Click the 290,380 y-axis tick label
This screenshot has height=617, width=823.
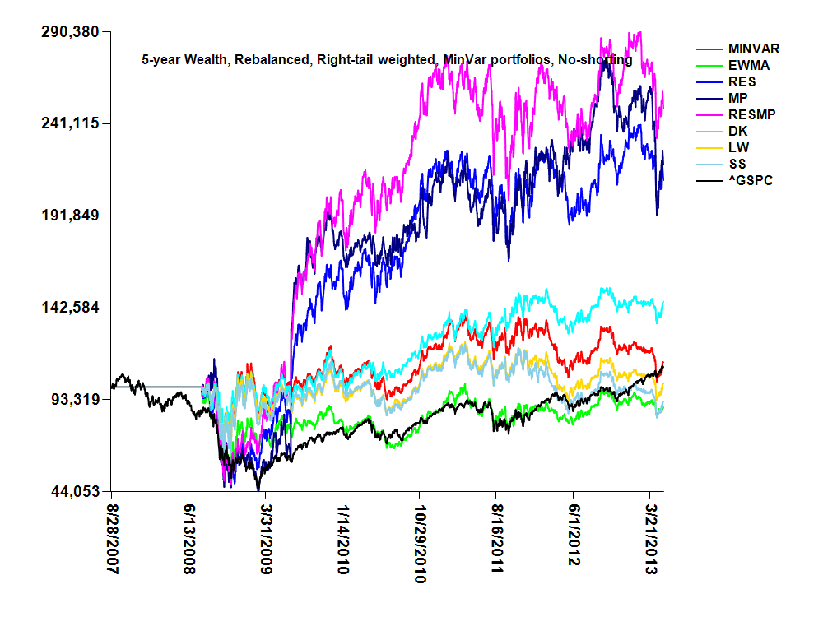click(70, 32)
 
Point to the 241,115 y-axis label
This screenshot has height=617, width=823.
click(70, 123)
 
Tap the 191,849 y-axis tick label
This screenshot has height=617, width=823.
click(70, 216)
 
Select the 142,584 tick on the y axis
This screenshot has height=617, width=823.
click(70, 308)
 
